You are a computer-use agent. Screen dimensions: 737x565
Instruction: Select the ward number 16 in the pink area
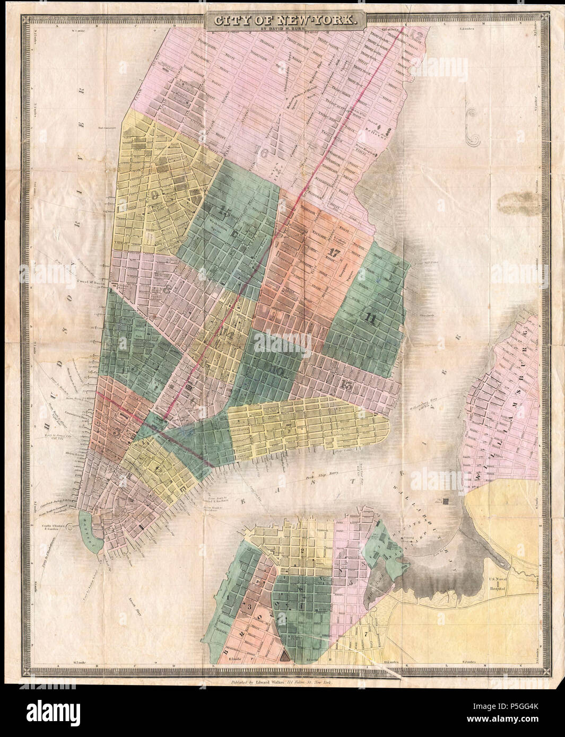click(x=260, y=152)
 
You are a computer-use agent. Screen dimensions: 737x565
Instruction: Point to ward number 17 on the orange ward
click(x=334, y=252)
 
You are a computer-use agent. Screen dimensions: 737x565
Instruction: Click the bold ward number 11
click(x=370, y=319)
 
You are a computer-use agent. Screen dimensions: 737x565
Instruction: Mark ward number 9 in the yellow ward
click(x=155, y=194)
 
